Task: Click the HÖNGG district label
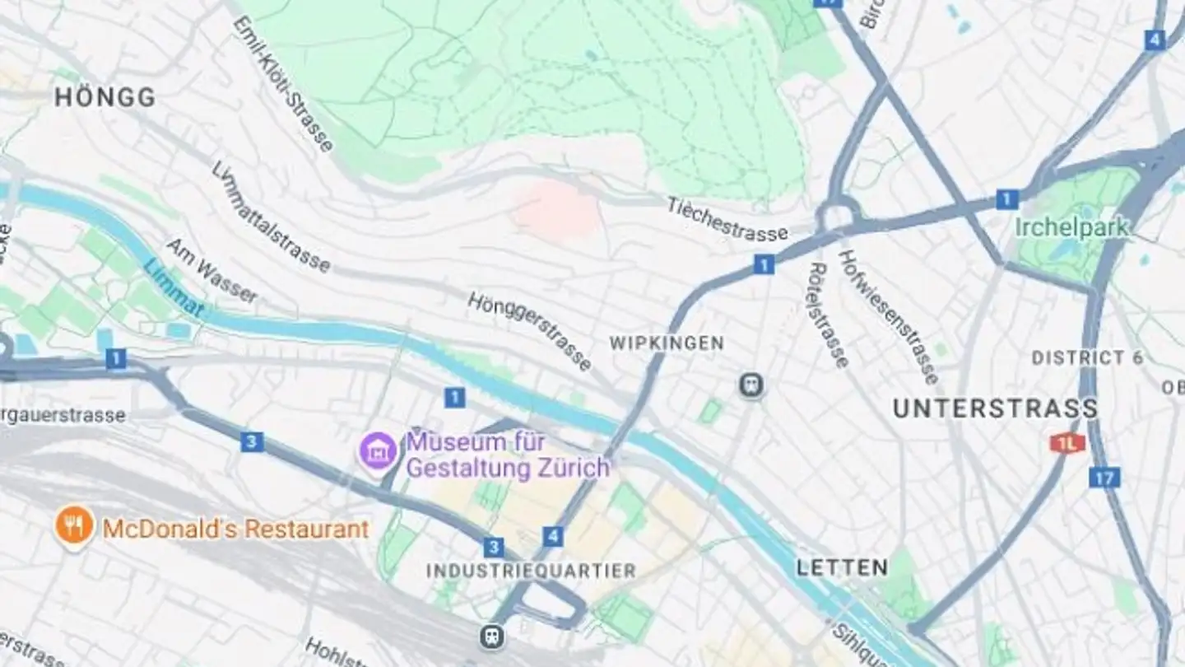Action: click(x=105, y=98)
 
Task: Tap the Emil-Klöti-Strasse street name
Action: click(x=284, y=84)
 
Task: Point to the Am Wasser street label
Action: click(x=211, y=272)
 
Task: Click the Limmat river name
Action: click(x=172, y=287)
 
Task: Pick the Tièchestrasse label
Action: click(x=727, y=220)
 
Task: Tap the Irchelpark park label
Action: click(x=1071, y=227)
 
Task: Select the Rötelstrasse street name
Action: click(x=828, y=315)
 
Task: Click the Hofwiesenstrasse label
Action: click(x=888, y=316)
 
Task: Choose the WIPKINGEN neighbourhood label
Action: click(x=667, y=343)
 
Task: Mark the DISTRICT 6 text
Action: click(x=1087, y=358)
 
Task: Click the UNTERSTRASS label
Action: click(x=995, y=408)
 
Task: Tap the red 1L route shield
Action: click(x=1067, y=443)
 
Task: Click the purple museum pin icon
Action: click(x=379, y=450)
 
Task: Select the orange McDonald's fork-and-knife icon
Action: click(x=74, y=525)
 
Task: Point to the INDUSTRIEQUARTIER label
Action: click(x=531, y=571)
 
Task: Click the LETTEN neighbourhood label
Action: click(x=841, y=567)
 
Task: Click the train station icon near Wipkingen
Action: click(x=750, y=385)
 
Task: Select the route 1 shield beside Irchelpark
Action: click(x=1006, y=199)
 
